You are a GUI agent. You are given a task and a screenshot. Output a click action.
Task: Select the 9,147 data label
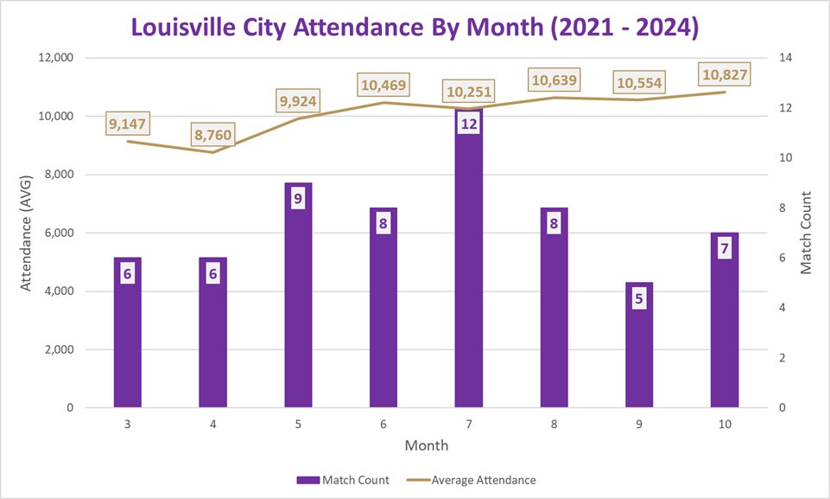[x=128, y=124]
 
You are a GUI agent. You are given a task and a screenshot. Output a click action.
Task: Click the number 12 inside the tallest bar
[x=468, y=124]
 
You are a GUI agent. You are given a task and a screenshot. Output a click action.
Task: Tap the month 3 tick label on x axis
[x=127, y=425]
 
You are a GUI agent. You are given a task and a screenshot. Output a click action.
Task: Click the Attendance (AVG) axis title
[x=26, y=233]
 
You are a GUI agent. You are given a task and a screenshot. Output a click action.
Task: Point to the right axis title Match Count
[x=806, y=233]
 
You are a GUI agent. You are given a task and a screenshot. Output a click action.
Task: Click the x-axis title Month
[x=426, y=445]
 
